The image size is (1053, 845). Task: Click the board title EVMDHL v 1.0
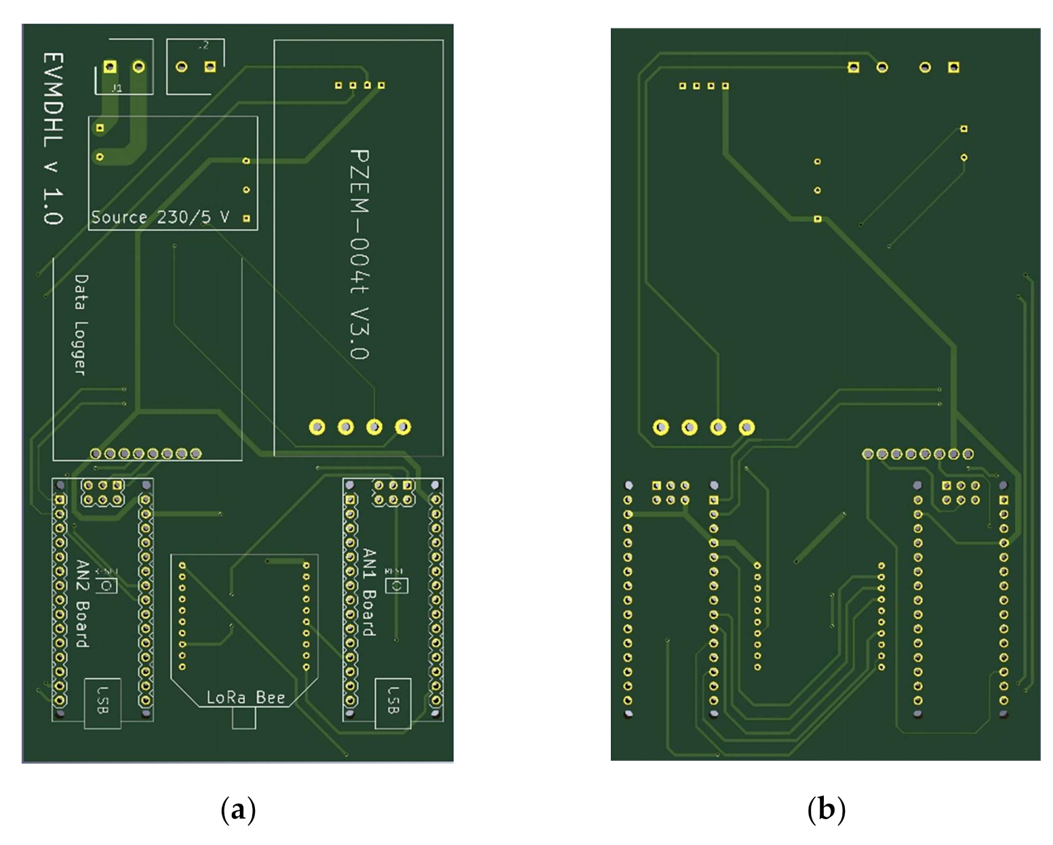52,138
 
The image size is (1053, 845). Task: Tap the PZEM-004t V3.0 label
359,254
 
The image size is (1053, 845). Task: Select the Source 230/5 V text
160,217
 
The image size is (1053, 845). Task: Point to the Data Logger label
81,325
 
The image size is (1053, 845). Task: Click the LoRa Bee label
245,697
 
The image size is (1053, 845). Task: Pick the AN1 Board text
369,592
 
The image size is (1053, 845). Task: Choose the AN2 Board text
81,604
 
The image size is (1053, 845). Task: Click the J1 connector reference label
117,88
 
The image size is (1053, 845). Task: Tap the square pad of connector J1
110,66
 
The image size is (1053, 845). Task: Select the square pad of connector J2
210,66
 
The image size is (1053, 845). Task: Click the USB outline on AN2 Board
102,703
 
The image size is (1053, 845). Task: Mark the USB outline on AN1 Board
393,703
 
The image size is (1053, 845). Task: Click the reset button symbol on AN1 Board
397,585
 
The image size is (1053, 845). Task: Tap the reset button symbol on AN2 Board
107,585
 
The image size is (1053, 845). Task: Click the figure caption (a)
238,810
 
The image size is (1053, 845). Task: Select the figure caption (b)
826,810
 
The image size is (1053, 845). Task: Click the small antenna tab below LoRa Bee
244,718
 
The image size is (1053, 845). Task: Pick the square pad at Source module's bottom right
247,218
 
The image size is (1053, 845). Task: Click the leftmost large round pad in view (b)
660,427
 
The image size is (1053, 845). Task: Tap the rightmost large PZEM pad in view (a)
403,427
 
